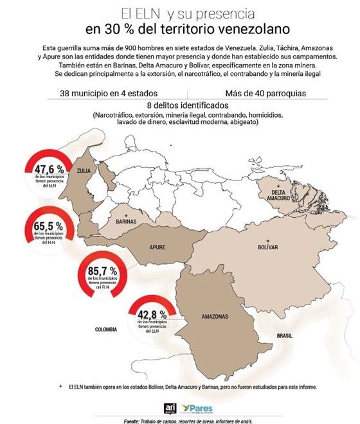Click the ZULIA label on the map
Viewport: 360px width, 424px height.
pos(84,172)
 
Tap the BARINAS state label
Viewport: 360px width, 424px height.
pos(127,222)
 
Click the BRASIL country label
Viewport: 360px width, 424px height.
pos(285,336)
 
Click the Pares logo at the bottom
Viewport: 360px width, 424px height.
pos(199,409)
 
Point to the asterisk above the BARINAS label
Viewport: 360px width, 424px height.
pos(127,215)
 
